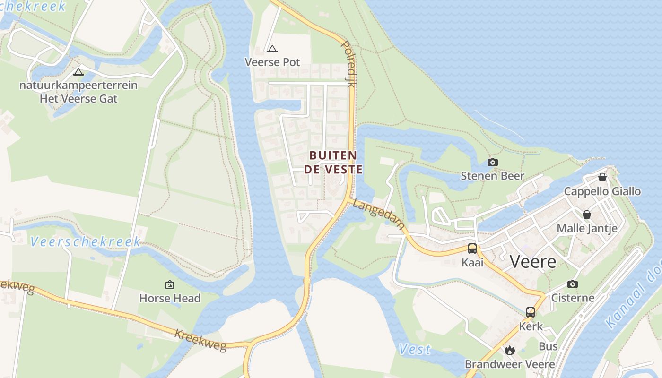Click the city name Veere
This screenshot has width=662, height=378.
533,262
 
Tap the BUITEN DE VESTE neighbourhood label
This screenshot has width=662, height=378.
333,162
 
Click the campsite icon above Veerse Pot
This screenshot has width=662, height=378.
272,49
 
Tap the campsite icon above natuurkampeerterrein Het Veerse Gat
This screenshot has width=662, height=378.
78,72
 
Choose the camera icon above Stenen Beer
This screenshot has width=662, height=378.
492,163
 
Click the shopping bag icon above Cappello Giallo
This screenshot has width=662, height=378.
602,177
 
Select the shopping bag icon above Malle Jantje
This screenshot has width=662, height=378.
587,215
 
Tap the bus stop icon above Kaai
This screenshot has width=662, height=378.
472,249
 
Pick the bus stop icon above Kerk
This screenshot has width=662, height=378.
531,312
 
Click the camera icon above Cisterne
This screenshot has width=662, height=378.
573,284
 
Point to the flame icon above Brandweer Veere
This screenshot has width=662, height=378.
509,350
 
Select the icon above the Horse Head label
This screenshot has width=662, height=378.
169,284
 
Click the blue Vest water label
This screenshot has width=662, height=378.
415,350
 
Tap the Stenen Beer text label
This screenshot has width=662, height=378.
492,176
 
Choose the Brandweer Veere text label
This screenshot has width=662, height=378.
510,364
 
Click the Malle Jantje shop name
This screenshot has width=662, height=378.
587,228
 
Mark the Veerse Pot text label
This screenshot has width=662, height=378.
272,62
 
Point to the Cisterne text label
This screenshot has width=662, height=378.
573,298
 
